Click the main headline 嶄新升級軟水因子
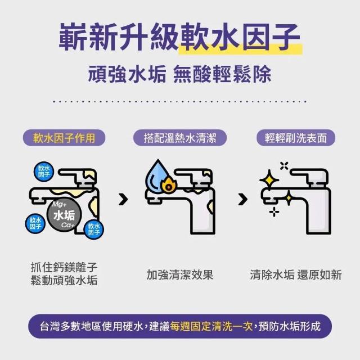point(179,37)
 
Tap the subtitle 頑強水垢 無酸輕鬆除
point(179,74)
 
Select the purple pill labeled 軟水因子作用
point(64,138)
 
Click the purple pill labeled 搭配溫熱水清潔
point(180,138)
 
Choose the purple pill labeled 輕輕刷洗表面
point(296,138)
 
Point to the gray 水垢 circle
point(64,214)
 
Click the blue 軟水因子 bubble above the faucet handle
point(44,171)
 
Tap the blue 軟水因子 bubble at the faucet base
point(94,229)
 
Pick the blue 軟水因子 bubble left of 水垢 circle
point(35,223)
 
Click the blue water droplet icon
point(156,175)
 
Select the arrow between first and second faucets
point(123,199)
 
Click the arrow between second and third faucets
point(243,199)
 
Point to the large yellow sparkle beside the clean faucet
point(269,180)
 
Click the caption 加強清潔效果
point(180,274)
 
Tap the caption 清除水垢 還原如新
point(296,274)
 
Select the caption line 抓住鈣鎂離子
point(64,267)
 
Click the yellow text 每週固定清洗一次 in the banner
point(211,326)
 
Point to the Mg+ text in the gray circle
point(59,204)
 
